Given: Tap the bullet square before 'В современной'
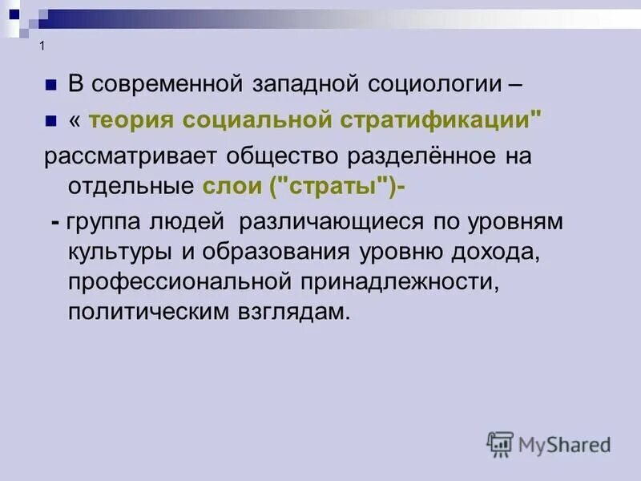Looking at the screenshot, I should pyautogui.click(x=50, y=84).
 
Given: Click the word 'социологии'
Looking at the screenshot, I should pyautogui.click(x=434, y=83).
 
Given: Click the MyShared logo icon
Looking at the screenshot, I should pyautogui.click(x=500, y=443).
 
